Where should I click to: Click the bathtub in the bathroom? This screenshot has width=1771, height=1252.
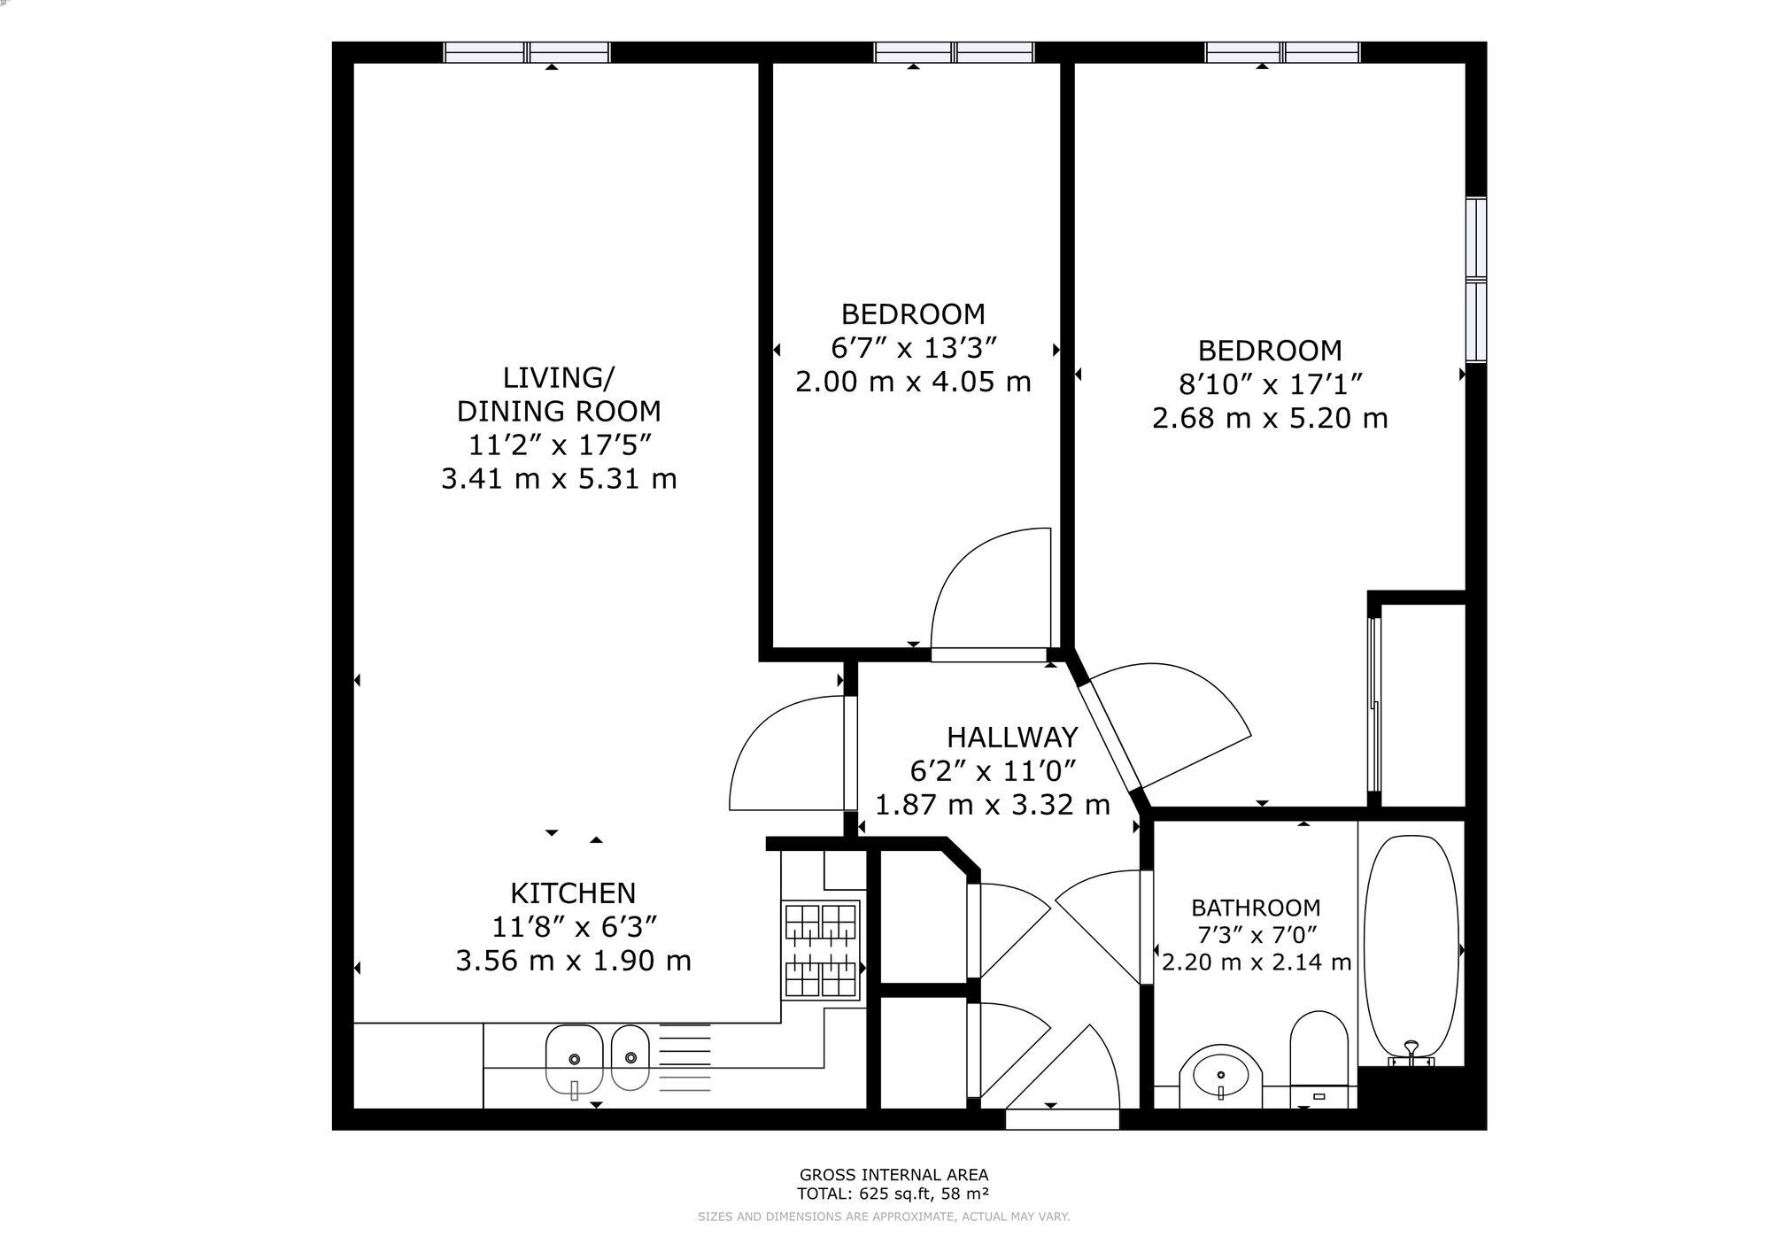[1410, 950]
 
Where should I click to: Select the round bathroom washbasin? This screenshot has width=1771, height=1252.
[1220, 1075]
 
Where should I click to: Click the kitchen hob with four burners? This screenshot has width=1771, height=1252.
[821, 950]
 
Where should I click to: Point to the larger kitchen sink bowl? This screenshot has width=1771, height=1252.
[574, 1060]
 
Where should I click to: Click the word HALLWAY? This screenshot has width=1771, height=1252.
[1012, 737]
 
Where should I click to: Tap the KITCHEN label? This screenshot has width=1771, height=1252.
[573, 893]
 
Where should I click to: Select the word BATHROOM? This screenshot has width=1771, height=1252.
[1256, 908]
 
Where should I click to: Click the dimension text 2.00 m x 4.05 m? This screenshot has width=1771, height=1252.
[913, 382]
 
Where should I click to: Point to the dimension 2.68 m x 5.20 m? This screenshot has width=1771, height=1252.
[1270, 418]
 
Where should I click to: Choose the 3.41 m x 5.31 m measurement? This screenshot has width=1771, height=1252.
[559, 479]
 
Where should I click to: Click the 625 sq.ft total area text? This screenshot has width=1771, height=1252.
[893, 1193]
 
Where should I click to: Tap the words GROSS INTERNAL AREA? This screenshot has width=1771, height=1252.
[893, 1175]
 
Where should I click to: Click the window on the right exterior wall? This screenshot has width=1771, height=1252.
[1476, 280]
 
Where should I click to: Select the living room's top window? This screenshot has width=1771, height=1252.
[527, 52]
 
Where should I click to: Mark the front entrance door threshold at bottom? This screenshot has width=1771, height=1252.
[1063, 1119]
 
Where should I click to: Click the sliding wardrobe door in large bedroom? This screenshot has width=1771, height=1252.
[1374, 704]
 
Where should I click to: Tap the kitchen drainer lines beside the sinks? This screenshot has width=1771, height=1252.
[684, 1058]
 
